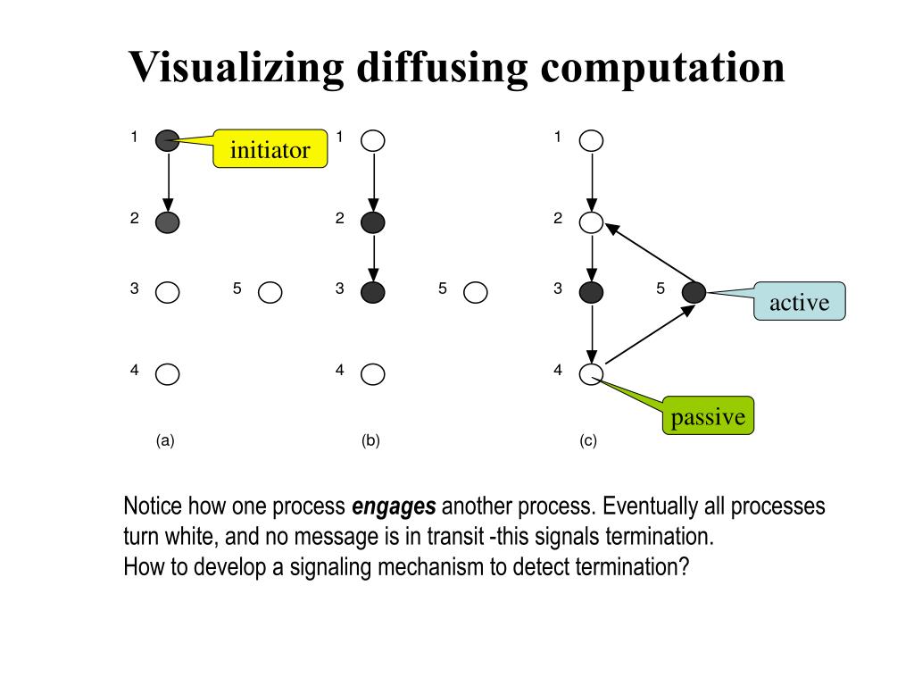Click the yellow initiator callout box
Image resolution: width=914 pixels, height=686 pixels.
click(x=270, y=149)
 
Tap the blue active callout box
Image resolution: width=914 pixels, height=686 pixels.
click(x=799, y=302)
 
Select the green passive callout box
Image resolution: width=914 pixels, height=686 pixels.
click(x=708, y=416)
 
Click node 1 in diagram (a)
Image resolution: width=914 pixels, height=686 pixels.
click(x=167, y=140)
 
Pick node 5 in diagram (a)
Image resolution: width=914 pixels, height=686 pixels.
click(x=270, y=292)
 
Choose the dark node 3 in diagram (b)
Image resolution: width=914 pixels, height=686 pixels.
click(x=373, y=292)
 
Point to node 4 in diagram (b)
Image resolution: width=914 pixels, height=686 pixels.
click(x=373, y=373)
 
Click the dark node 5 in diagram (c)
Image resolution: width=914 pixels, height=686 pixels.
click(x=694, y=292)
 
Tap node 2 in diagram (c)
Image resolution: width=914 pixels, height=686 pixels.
click(x=591, y=222)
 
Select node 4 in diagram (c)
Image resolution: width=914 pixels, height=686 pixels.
click(x=591, y=374)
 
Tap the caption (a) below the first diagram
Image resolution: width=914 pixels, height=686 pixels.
click(x=164, y=440)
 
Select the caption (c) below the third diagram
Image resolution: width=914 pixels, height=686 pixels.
click(x=587, y=440)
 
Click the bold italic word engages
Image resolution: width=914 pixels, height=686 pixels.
click(x=394, y=507)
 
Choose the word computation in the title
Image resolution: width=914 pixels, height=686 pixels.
click(x=661, y=68)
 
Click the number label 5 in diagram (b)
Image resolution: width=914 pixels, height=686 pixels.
click(x=442, y=289)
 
